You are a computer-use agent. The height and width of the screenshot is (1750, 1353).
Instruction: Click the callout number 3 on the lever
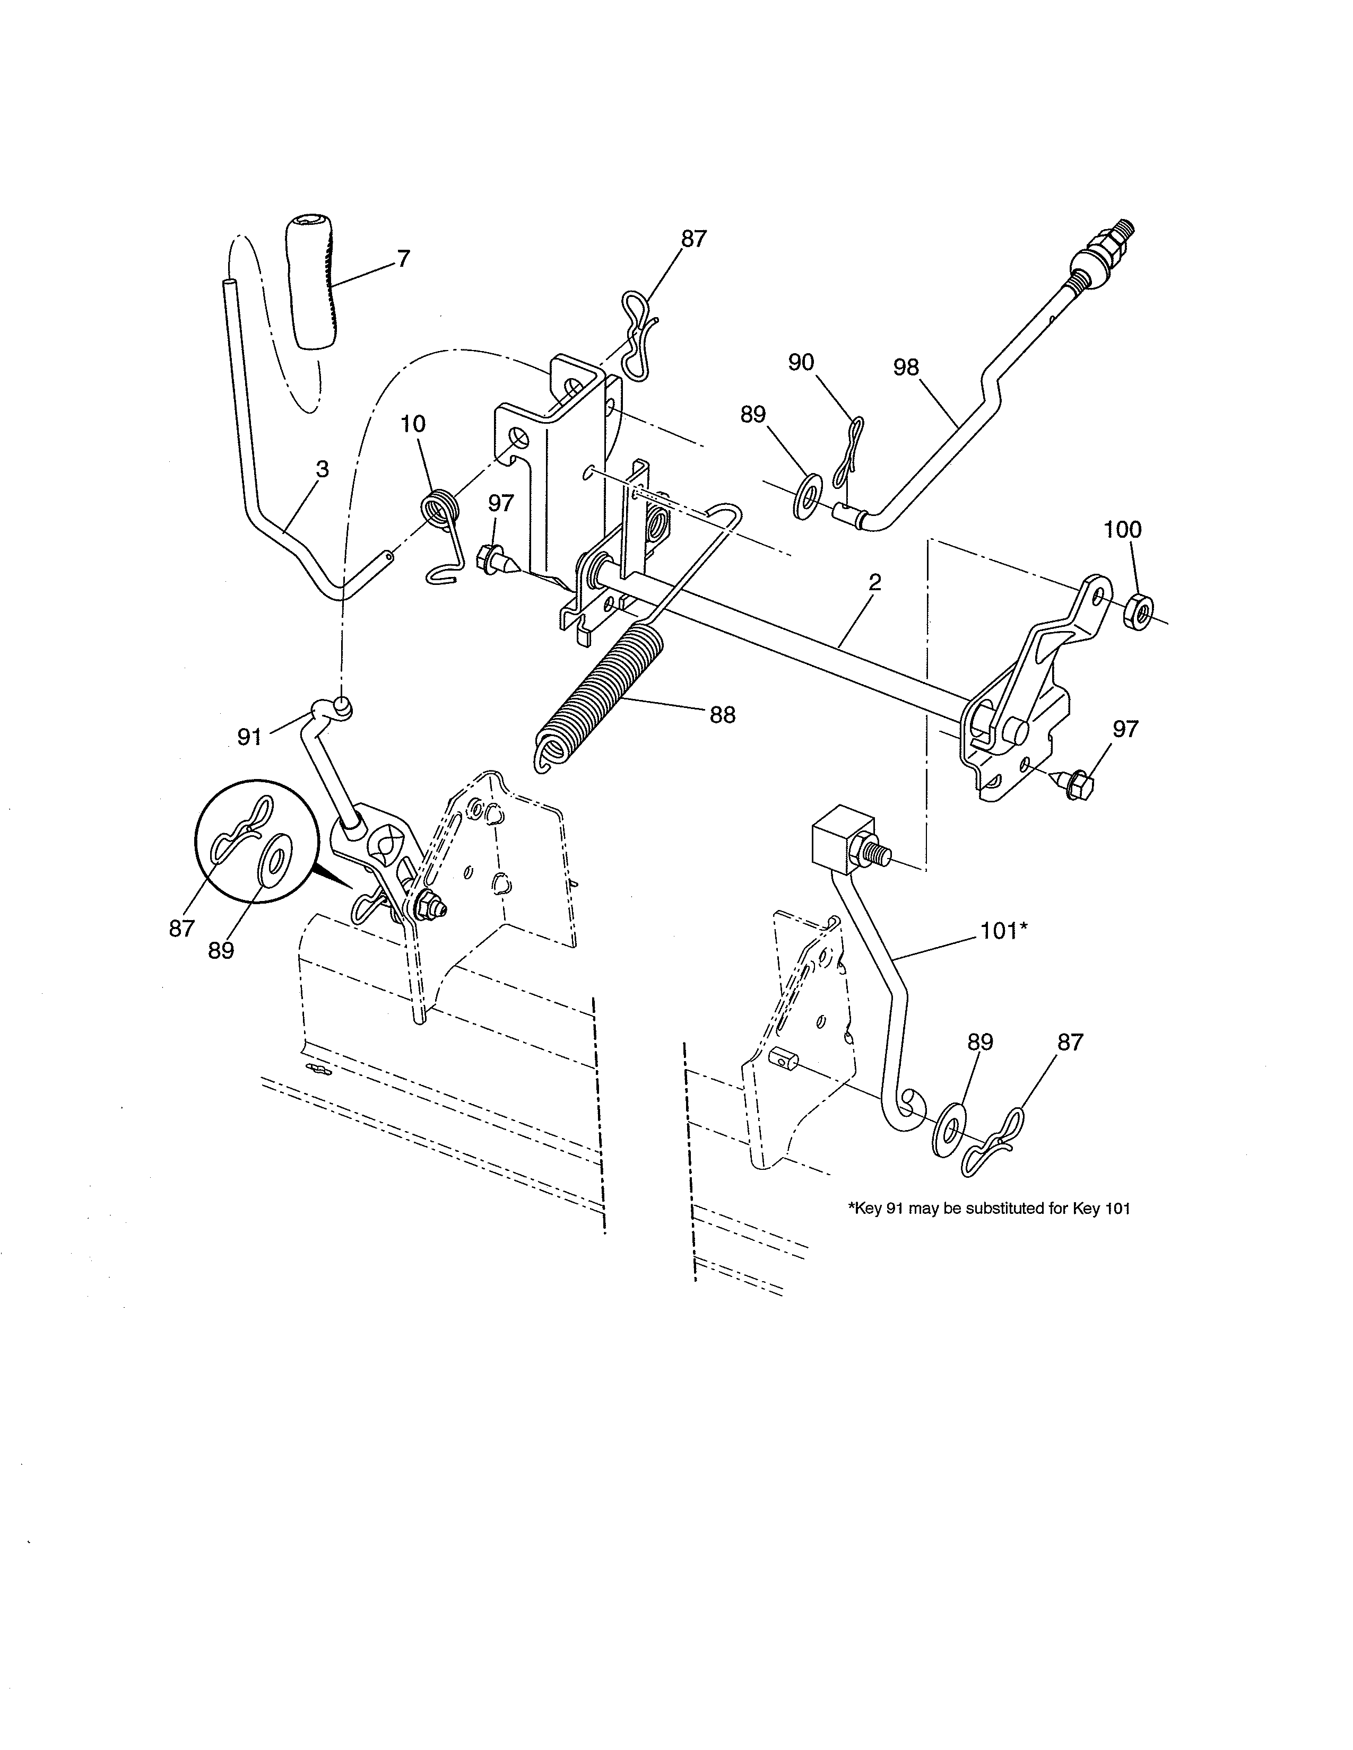pos(322,469)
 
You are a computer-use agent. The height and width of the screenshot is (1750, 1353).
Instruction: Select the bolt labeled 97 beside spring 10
pos(494,558)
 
